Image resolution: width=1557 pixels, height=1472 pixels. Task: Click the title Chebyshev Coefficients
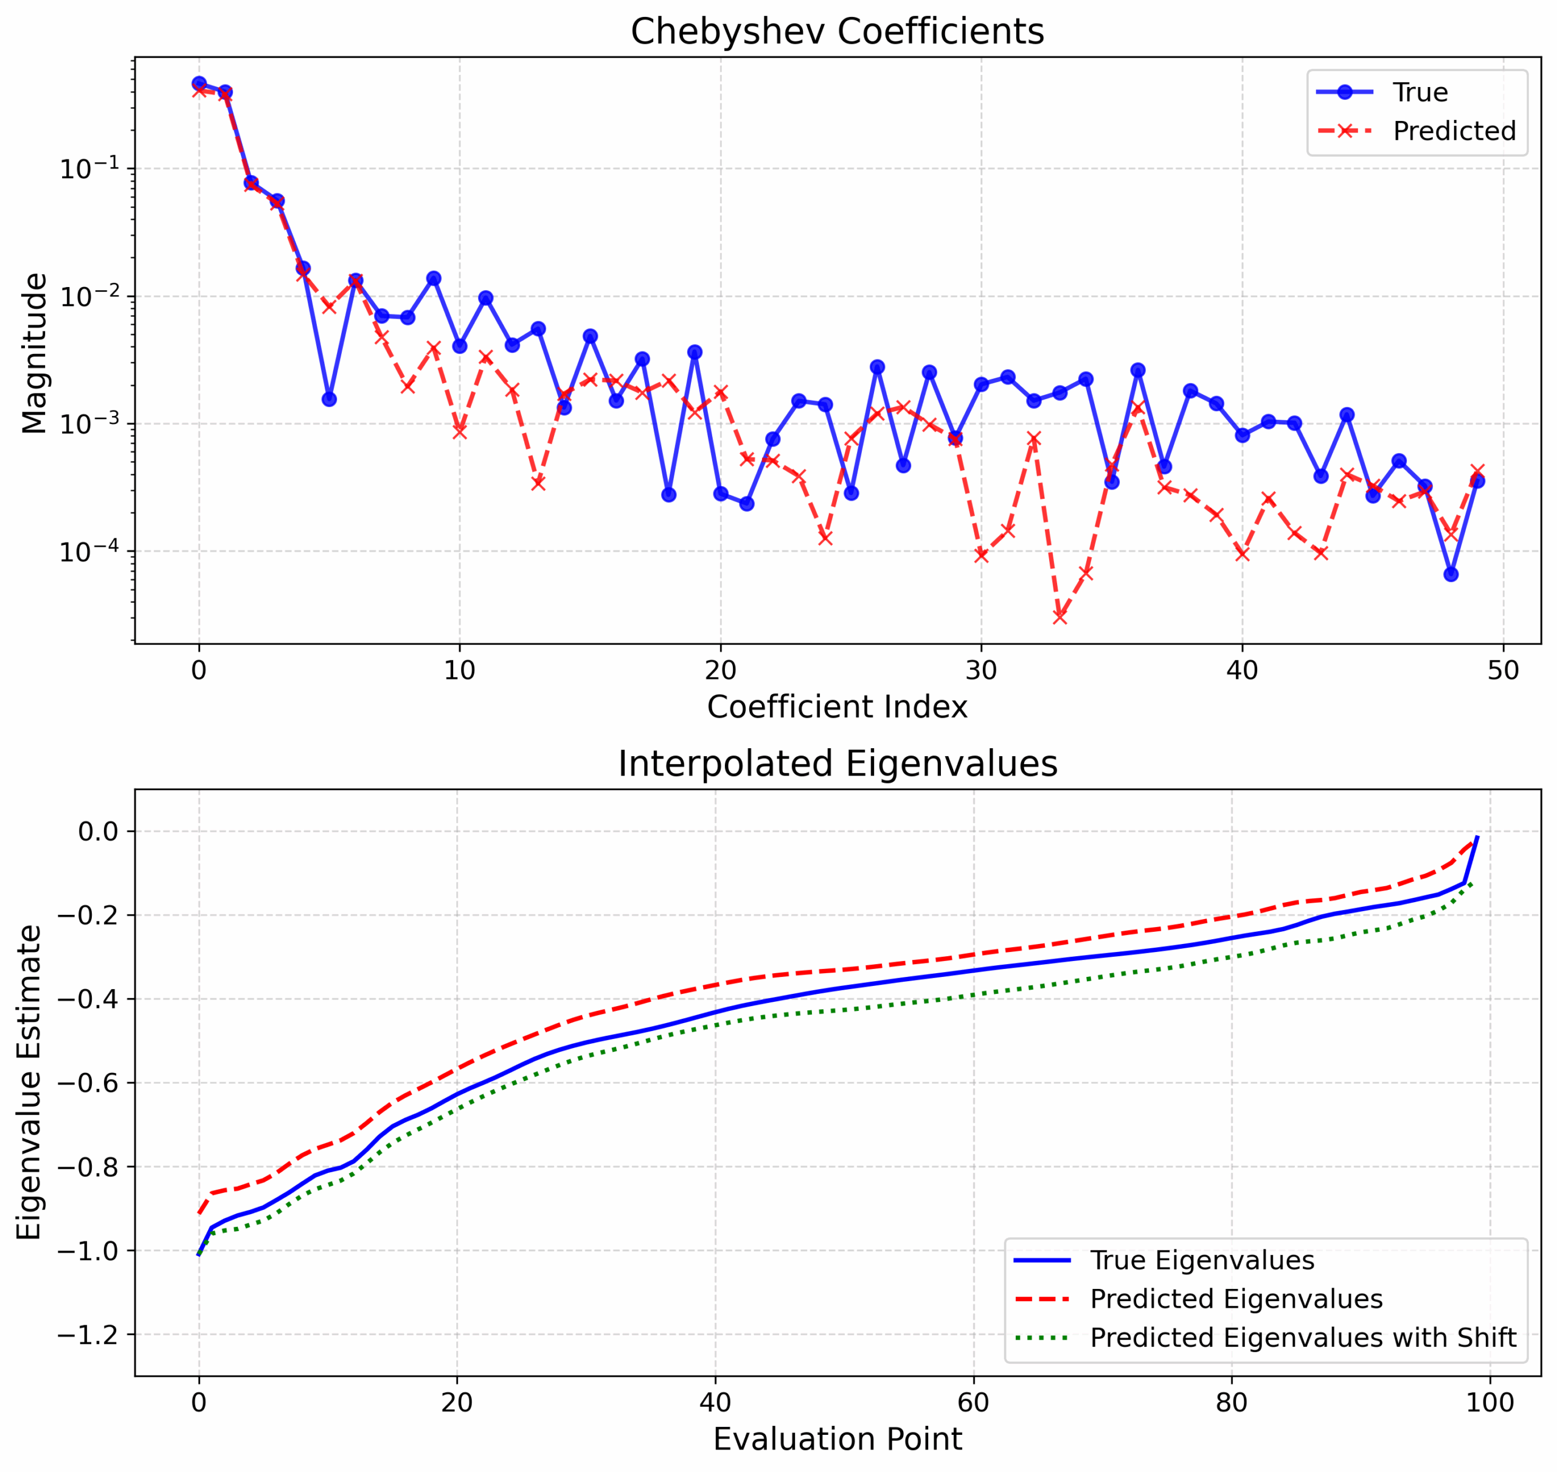pos(837,32)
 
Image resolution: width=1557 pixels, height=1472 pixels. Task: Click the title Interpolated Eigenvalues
pos(837,764)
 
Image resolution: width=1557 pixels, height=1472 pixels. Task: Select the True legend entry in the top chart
pos(1420,92)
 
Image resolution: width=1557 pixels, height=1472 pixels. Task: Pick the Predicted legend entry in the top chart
pos(1454,131)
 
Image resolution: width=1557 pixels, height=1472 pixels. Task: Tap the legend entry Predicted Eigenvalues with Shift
pos(1303,1337)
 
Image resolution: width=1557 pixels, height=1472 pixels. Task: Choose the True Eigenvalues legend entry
pos(1202,1260)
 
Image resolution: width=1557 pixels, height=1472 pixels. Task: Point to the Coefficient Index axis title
pos(837,707)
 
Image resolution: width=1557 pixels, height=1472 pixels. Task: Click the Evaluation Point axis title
pos(837,1440)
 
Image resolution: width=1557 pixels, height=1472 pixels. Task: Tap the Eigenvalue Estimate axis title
pos(30,1082)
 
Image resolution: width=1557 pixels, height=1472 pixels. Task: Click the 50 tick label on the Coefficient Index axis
pos(1503,671)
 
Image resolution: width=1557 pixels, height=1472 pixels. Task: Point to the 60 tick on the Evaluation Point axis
pos(973,1403)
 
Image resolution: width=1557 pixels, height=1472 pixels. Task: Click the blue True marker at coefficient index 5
pos(330,400)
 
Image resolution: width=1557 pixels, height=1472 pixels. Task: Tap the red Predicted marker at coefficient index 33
pos(1059,617)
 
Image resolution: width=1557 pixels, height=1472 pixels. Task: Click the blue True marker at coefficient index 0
pos(199,83)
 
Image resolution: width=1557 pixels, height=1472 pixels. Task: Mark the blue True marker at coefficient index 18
pos(668,495)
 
